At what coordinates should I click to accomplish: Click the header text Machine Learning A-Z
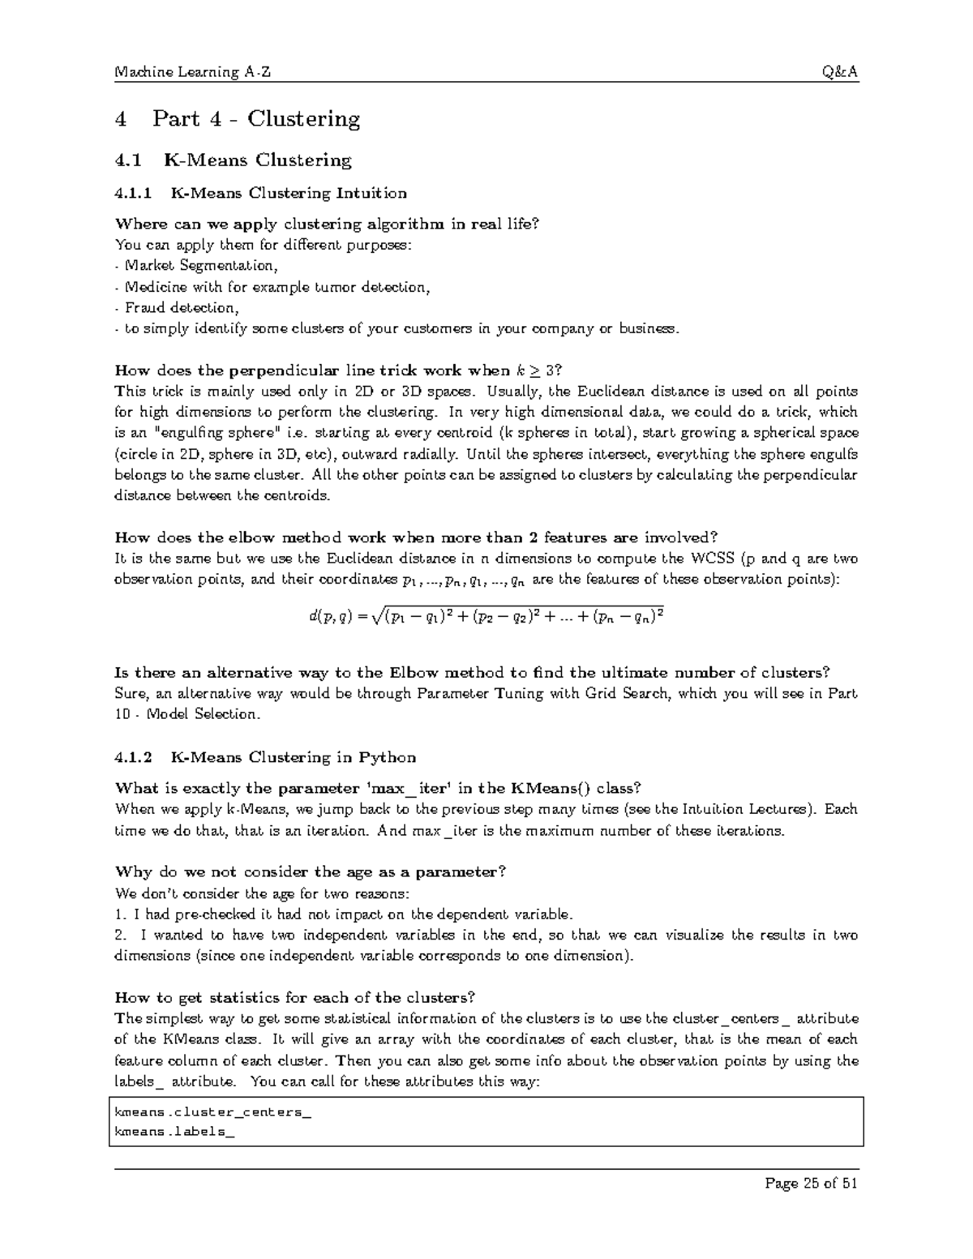point(193,72)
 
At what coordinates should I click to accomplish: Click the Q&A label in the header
point(840,72)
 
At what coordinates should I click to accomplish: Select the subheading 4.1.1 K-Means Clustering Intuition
point(261,193)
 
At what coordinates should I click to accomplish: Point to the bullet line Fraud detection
point(178,308)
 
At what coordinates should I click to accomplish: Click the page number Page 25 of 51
point(811,1183)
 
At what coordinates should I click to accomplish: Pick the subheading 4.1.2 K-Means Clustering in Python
point(265,758)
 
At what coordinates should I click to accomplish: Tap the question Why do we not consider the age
point(311,872)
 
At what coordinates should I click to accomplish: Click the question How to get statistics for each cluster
point(295,998)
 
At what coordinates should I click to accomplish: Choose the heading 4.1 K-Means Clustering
point(234,161)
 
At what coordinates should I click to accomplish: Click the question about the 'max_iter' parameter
point(379,788)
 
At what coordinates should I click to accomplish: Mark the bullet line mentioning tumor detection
point(274,287)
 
